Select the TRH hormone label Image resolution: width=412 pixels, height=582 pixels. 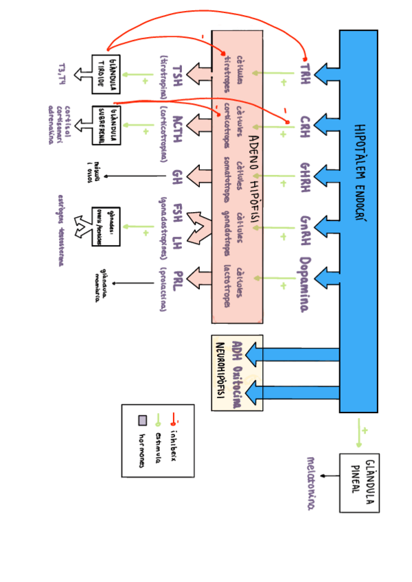tap(305, 72)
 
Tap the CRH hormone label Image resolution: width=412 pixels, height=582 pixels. tap(305, 127)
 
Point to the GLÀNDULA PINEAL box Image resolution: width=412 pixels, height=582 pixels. tap(359, 482)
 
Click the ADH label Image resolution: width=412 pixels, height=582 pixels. tap(238, 349)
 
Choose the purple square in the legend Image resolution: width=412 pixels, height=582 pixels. tap(143, 420)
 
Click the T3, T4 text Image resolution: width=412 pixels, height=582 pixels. tap(62, 73)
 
